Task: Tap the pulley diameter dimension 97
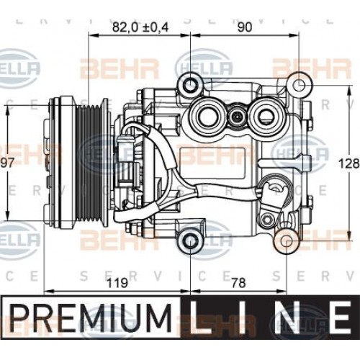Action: point(8,163)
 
